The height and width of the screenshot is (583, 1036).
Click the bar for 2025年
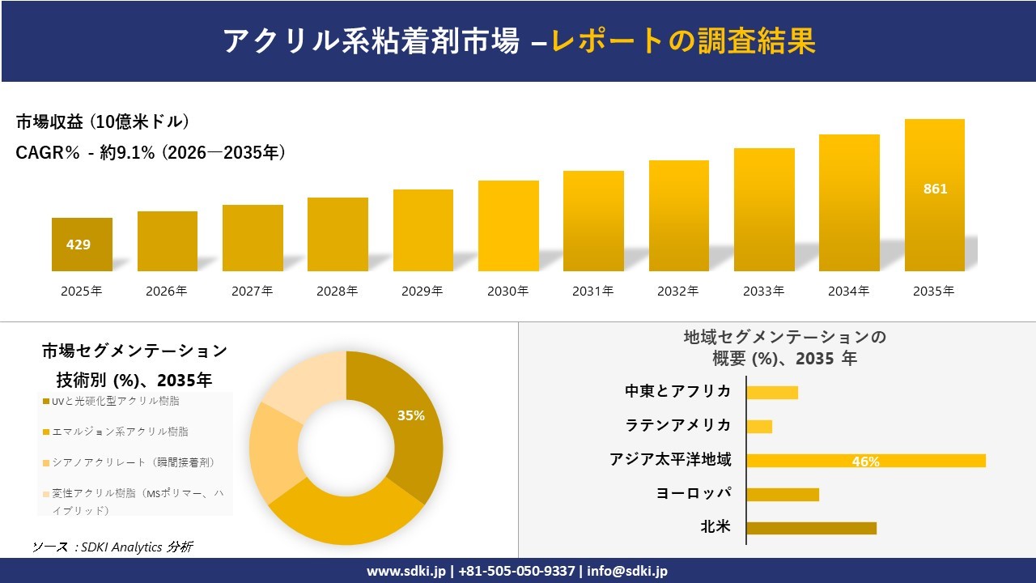point(82,245)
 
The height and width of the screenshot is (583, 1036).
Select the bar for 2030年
point(508,226)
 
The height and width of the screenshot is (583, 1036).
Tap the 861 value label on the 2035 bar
point(935,189)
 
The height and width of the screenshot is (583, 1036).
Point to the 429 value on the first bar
point(79,245)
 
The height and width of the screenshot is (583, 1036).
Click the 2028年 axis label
point(338,291)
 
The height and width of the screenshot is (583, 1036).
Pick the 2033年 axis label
point(764,291)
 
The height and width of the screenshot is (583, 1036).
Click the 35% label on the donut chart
point(411,415)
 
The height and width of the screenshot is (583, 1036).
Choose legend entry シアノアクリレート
point(133,462)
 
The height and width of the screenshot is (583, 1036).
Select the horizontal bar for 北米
point(811,528)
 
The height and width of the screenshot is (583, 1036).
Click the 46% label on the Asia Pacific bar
point(865,462)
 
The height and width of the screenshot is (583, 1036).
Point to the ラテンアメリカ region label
point(678,425)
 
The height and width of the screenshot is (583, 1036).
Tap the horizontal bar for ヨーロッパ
point(783,494)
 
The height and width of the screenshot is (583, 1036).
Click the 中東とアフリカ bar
point(772,393)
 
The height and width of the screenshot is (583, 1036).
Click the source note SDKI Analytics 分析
point(113,547)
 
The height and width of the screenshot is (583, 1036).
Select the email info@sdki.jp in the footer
point(628,571)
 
